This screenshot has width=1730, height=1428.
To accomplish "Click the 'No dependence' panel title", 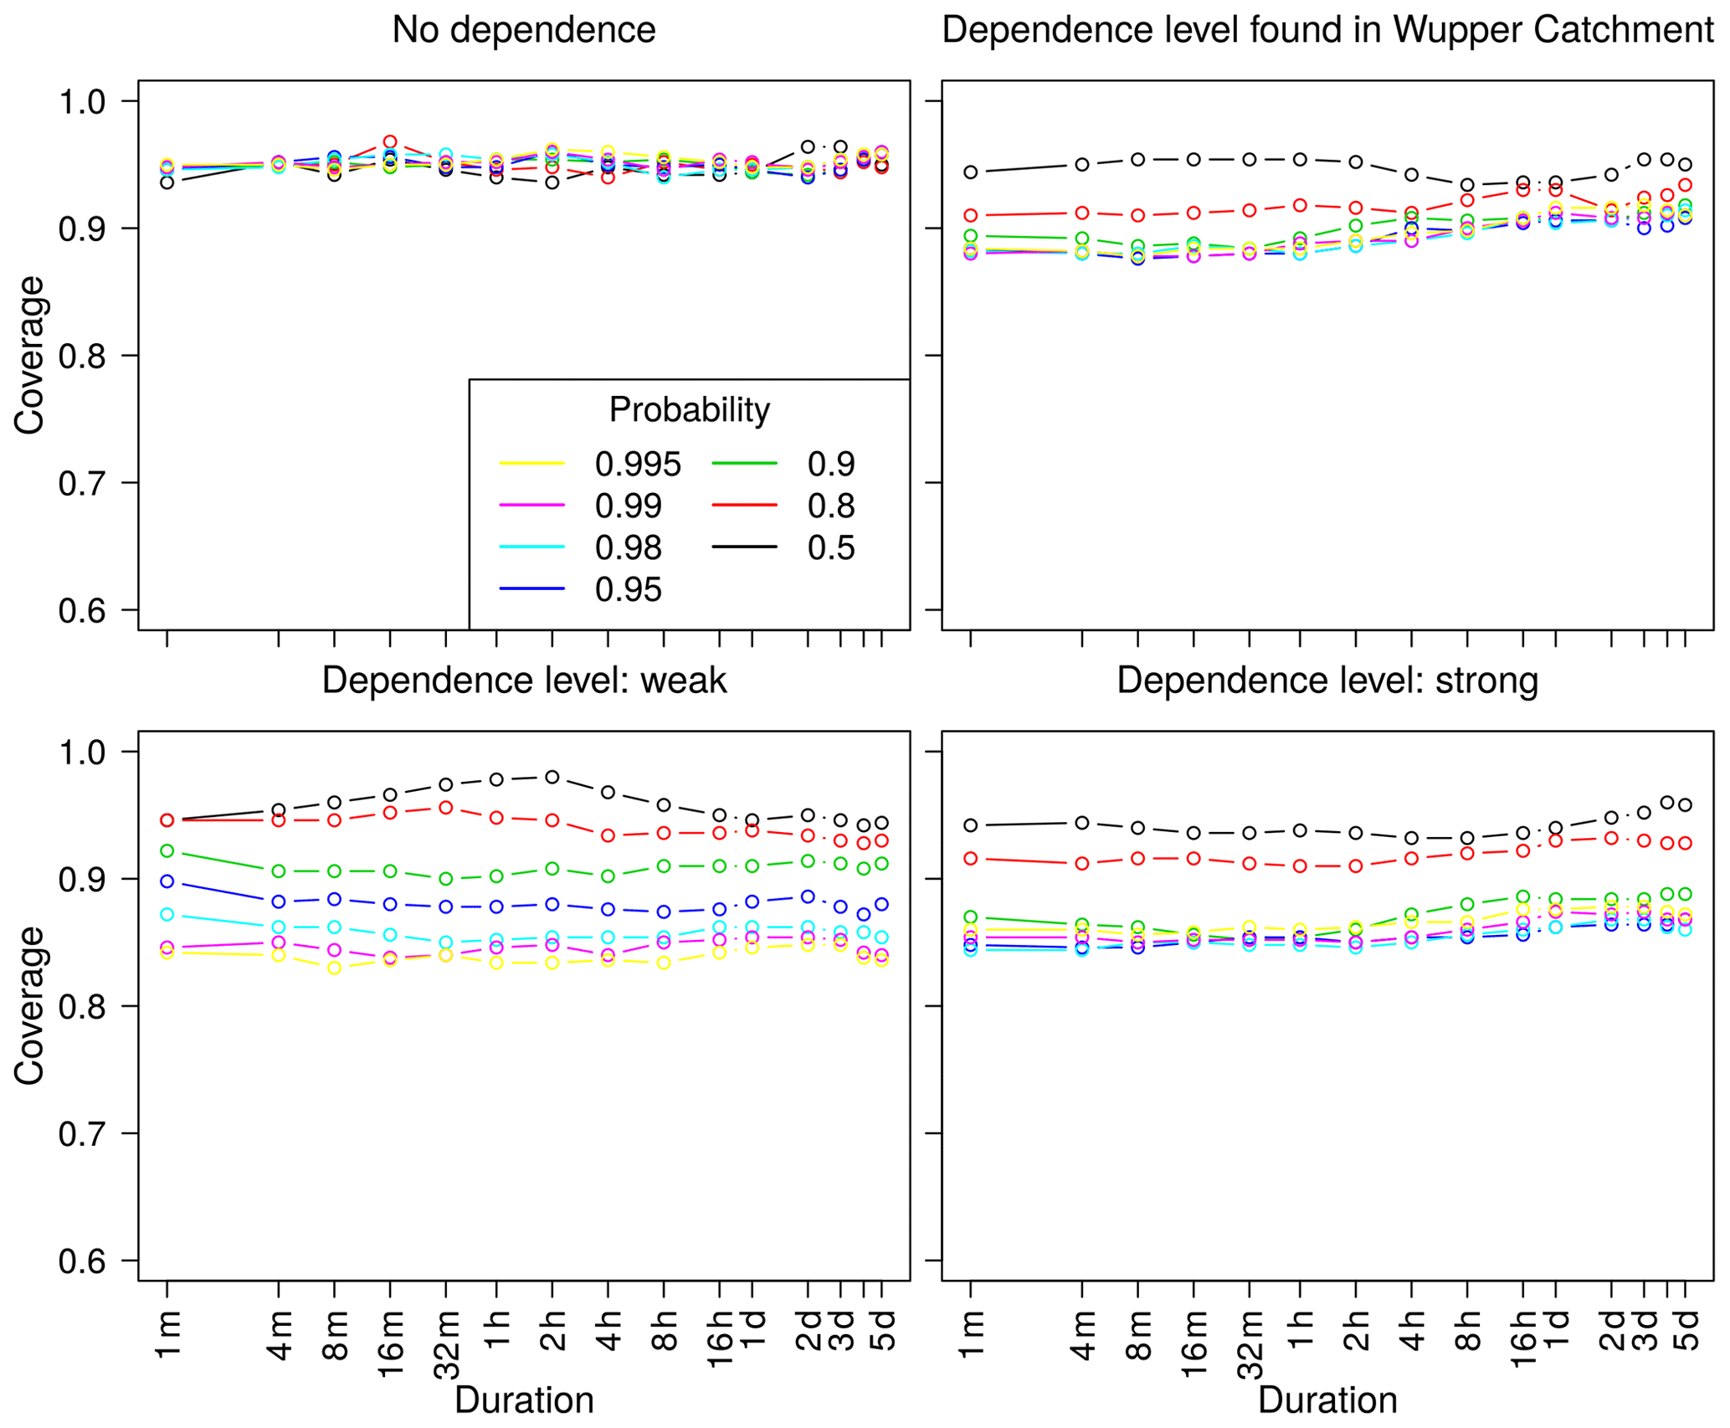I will point(523,30).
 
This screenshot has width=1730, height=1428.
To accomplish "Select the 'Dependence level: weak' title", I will point(524,681).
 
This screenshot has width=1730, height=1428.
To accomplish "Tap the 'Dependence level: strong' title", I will point(1327,681).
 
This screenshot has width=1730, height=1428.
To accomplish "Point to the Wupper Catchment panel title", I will point(1327,30).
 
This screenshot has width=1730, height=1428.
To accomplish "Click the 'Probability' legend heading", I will point(689,410).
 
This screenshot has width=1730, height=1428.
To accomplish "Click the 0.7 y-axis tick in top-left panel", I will point(82,483).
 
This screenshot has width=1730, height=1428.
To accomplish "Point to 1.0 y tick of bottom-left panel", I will point(82,752).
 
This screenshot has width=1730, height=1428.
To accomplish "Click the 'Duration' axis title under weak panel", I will point(524,1400).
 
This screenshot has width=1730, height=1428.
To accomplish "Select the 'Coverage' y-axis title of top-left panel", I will point(30,355).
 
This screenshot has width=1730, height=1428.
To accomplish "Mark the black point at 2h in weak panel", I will point(552,777).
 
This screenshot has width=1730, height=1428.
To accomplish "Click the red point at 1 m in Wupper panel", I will point(971,215).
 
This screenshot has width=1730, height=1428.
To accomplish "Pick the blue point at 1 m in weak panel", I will point(167,881).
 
